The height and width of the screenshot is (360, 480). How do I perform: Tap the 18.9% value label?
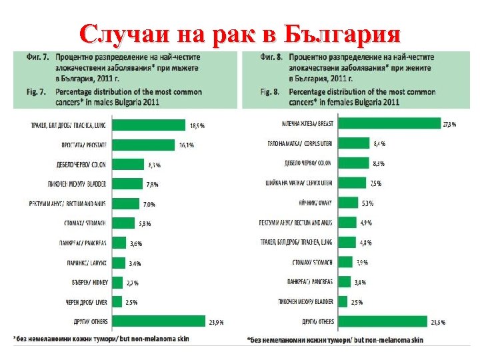pos(197,125)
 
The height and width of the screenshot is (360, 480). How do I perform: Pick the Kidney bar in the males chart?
pos(117,282)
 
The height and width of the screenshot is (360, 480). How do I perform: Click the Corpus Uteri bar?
pos(361,143)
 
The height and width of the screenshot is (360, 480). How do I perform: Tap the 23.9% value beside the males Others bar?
pos(216,323)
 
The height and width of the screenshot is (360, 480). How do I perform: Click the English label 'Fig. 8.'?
pos(271,91)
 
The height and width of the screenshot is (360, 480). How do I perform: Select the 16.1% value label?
pos(186,145)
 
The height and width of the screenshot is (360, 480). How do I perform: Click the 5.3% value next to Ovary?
pos(367,203)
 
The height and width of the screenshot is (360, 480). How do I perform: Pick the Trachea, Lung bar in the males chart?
pos(147,125)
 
